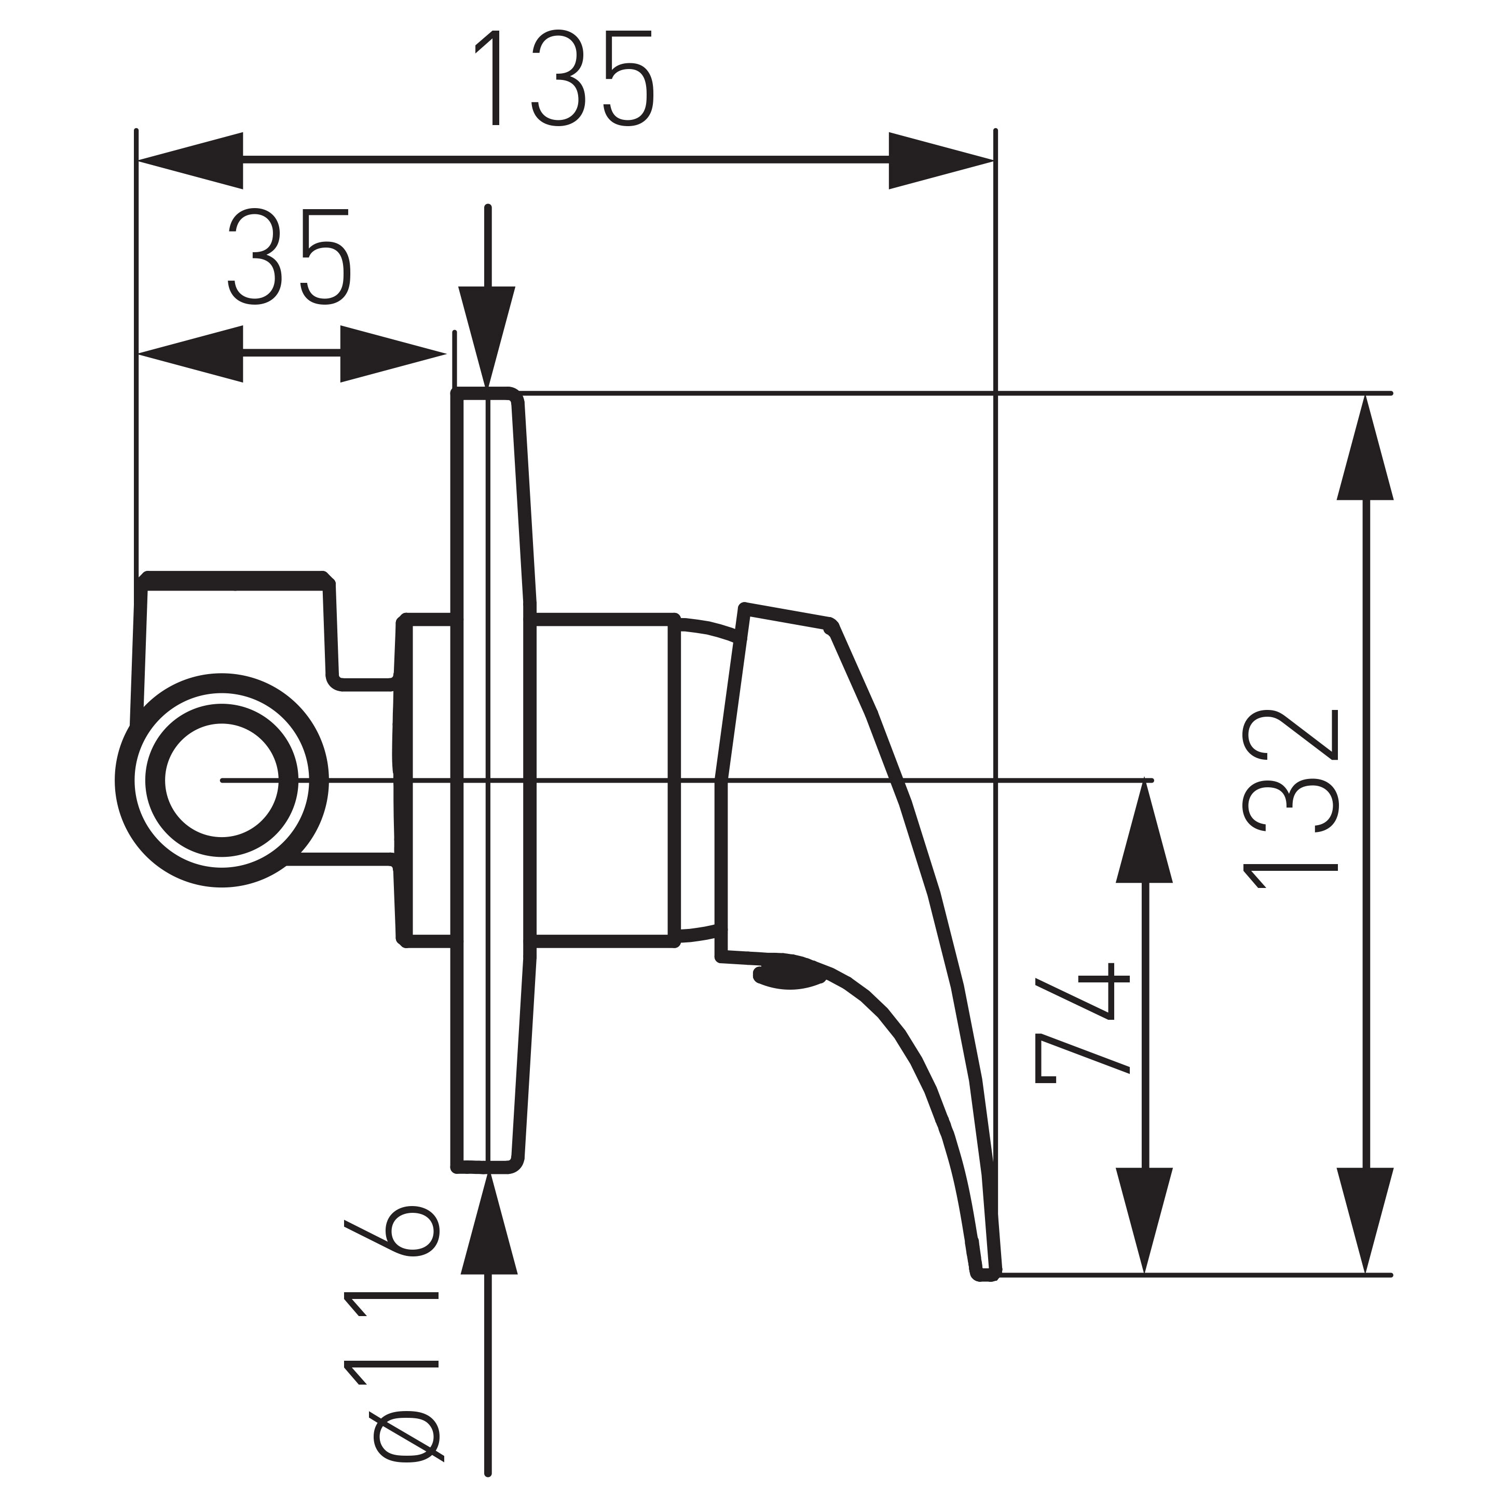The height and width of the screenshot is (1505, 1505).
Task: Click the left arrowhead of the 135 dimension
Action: [191, 160]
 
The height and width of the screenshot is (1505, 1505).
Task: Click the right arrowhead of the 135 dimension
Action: [940, 160]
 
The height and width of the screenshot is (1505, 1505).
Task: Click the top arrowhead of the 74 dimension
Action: [1144, 833]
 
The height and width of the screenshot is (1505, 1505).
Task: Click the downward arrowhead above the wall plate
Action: [487, 335]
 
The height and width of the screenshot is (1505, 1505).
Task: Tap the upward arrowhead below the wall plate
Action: [489, 1223]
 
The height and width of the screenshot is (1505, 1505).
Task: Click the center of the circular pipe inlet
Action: [222, 780]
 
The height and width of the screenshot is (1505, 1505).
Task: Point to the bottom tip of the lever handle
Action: [986, 1273]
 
